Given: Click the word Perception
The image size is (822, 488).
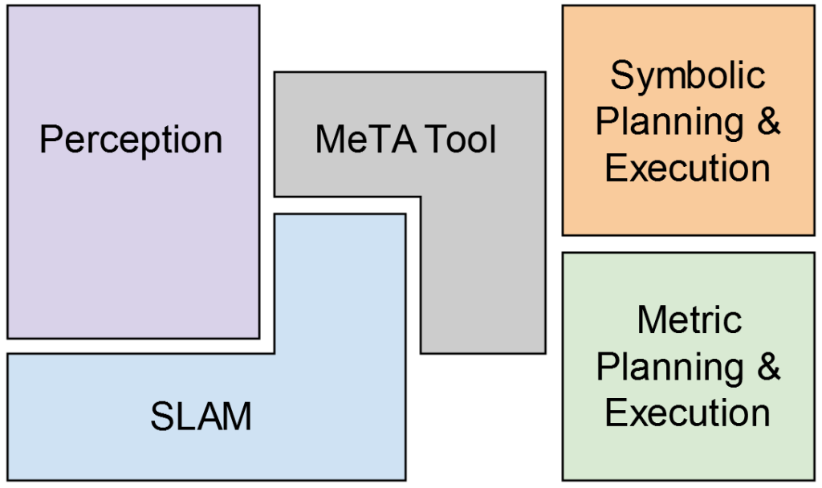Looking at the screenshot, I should (x=131, y=140).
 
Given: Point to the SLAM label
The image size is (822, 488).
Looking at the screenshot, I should (x=201, y=417).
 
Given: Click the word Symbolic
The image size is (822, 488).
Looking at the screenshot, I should (x=688, y=75).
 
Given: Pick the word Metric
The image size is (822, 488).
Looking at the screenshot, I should (x=688, y=320).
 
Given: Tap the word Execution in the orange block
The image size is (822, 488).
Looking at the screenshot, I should (x=688, y=169).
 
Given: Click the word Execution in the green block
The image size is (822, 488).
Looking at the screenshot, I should (x=688, y=413).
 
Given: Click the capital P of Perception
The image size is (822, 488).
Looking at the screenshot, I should (x=50, y=140).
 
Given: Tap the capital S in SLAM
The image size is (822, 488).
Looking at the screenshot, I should (x=161, y=417).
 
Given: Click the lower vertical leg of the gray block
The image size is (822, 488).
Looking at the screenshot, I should (x=482, y=281).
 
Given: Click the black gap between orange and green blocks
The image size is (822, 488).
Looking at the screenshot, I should (x=688, y=244).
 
